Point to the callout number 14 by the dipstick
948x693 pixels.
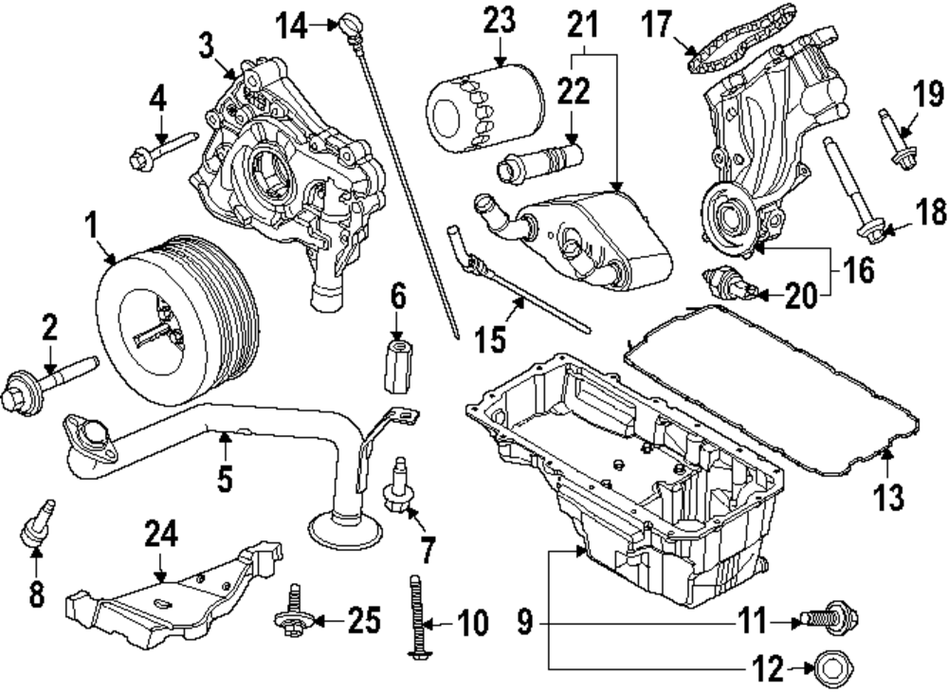click(x=298, y=26)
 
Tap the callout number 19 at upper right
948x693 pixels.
click(x=929, y=94)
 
